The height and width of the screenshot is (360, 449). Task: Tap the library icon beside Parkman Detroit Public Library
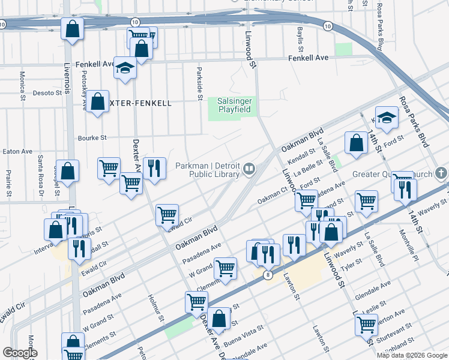coord(249,170)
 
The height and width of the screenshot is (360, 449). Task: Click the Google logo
coord(20,353)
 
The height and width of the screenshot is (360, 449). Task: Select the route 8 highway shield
coord(268,274)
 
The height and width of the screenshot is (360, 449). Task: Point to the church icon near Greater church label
coord(442,174)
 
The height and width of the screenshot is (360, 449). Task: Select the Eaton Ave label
coord(17,152)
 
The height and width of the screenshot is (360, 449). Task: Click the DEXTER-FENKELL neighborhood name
coord(140,103)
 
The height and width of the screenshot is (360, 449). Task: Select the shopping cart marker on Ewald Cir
coord(167,215)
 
